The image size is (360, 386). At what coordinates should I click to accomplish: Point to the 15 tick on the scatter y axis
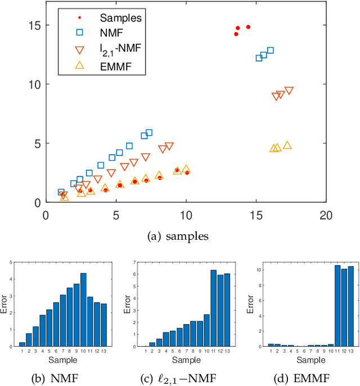pyautogui.click(x=35, y=25)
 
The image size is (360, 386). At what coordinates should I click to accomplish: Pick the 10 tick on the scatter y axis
pyautogui.click(x=35, y=84)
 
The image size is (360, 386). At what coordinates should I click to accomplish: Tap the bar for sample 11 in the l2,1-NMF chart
pyautogui.click(x=213, y=308)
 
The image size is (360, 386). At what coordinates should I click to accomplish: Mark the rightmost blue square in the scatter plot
pyautogui.click(x=271, y=51)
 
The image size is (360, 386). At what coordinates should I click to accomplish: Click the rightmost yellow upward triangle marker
pyautogui.click(x=287, y=146)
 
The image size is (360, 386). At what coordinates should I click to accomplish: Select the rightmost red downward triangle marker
pyautogui.click(x=289, y=91)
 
